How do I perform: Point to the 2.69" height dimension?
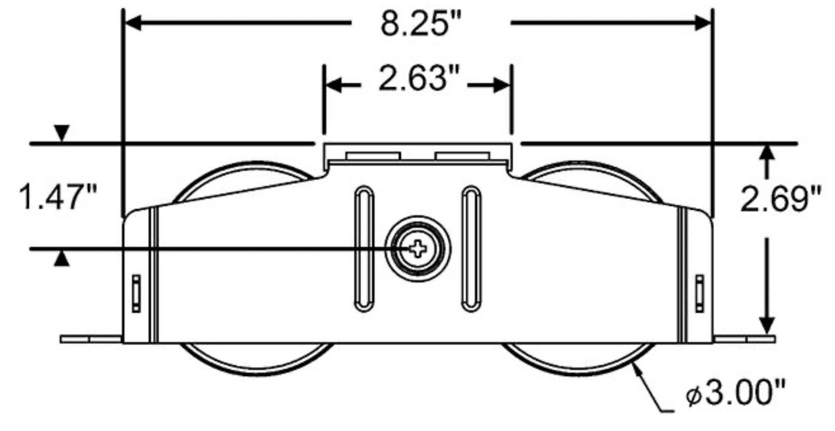click(781, 200)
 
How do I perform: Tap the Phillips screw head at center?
click(418, 249)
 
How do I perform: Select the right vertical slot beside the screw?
click(470, 248)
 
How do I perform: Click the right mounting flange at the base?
click(744, 339)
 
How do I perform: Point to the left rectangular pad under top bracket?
click(373, 155)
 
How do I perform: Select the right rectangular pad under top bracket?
click(463, 155)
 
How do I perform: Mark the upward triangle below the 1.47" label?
click(62, 261)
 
